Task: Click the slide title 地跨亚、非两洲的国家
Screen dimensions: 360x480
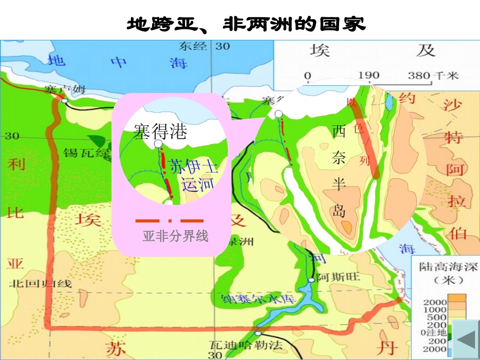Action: pyautogui.click(x=246, y=24)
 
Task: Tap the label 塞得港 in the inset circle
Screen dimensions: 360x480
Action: pyautogui.click(x=160, y=131)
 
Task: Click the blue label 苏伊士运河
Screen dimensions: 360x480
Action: pyautogui.click(x=191, y=175)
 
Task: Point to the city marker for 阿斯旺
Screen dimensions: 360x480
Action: pyautogui.click(x=311, y=280)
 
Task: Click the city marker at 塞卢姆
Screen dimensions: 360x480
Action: pyautogui.click(x=65, y=101)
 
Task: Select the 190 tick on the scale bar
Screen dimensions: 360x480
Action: pyautogui.click(x=368, y=76)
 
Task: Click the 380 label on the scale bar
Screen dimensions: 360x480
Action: pyautogui.click(x=419, y=76)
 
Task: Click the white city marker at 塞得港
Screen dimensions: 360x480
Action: pyautogui.click(x=158, y=144)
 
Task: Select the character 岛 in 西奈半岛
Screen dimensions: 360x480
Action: pyautogui.click(x=339, y=211)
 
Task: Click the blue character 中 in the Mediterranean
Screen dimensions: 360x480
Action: pyautogui.click(x=120, y=62)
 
